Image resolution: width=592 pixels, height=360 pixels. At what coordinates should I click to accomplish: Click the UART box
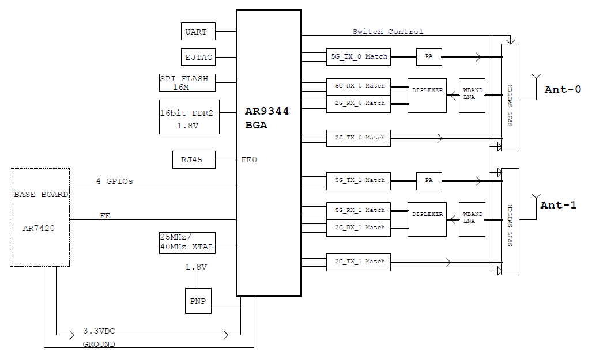click(x=197, y=32)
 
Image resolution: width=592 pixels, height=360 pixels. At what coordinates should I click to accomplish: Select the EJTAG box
click(x=198, y=57)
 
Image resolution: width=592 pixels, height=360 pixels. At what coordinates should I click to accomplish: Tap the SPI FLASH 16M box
click(x=187, y=82)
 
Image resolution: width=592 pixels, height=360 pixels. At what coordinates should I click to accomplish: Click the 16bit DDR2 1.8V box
click(x=189, y=117)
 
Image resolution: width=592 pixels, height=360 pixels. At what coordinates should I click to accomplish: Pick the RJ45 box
click(x=194, y=160)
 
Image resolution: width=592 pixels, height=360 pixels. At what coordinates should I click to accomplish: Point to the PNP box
click(x=198, y=301)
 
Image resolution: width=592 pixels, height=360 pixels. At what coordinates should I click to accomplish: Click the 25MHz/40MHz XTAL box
click(x=187, y=242)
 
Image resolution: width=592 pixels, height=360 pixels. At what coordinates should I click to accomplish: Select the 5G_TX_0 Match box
click(x=358, y=56)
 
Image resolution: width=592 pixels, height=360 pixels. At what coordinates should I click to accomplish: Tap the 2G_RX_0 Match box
click(x=358, y=103)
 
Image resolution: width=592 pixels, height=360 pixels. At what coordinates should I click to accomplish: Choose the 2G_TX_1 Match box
click(x=358, y=262)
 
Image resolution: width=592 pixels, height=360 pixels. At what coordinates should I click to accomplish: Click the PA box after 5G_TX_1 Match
click(x=429, y=180)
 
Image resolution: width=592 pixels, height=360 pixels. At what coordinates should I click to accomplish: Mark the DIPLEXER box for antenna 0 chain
click(x=427, y=95)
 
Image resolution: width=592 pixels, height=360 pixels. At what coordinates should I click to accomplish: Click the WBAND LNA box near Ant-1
click(x=472, y=219)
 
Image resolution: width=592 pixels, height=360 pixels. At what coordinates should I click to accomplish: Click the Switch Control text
click(x=387, y=32)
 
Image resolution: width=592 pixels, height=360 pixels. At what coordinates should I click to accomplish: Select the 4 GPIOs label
click(x=114, y=181)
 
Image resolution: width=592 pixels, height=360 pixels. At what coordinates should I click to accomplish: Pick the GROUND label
click(x=99, y=344)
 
